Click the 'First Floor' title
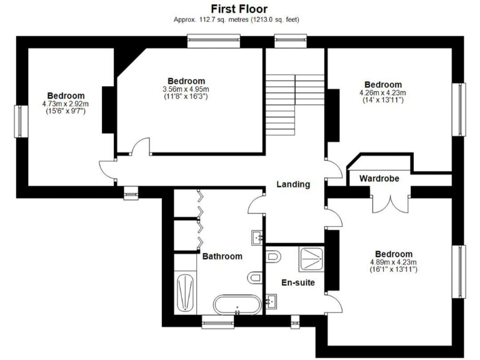click(x=239, y=9)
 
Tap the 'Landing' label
click(x=293, y=184)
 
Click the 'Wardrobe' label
click(x=379, y=179)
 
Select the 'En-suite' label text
click(x=297, y=282)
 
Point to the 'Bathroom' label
click(x=222, y=256)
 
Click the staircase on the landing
click(x=294, y=104)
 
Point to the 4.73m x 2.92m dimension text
click(x=66, y=104)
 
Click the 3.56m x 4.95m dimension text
click(x=186, y=89)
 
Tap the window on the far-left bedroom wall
click(x=20, y=121)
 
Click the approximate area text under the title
click(x=239, y=20)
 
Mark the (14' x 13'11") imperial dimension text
click(x=382, y=100)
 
